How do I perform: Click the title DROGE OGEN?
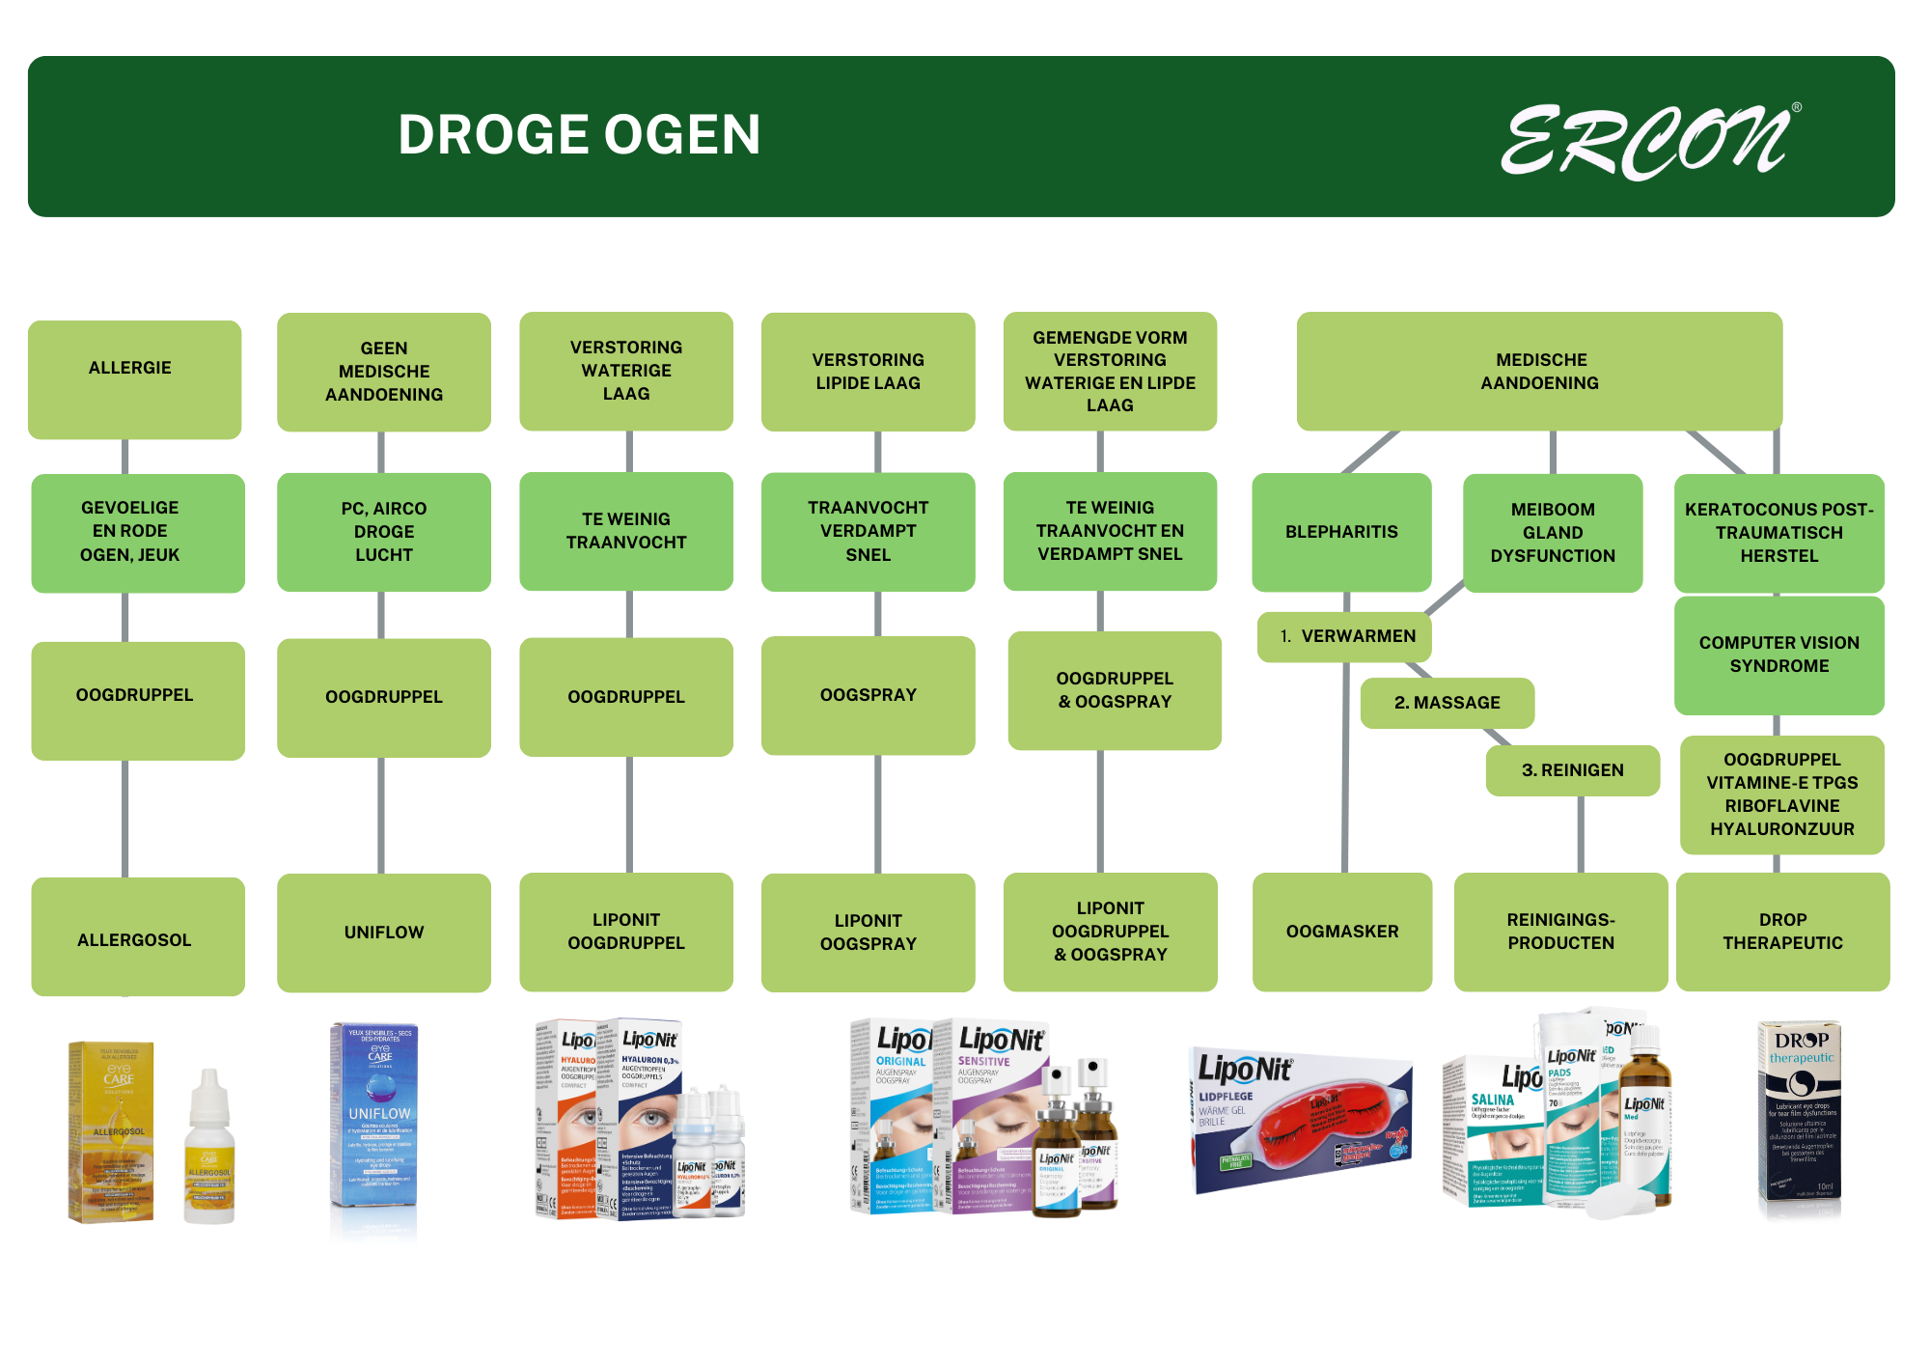pyautogui.click(x=579, y=135)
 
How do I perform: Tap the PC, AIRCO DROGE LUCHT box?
pyautogui.click(x=383, y=532)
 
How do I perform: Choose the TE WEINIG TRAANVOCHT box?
pyautogui.click(x=625, y=531)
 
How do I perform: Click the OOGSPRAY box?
pyautogui.click(x=868, y=695)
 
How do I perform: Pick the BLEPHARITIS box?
pyautogui.click(x=1340, y=532)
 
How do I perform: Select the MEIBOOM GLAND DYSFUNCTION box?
pyautogui.click(x=1552, y=533)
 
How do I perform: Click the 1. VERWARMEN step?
pyautogui.click(x=1344, y=637)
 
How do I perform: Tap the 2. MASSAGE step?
pyautogui.click(x=1447, y=703)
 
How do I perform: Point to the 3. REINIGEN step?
pyautogui.click(x=1572, y=770)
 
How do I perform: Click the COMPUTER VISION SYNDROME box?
pyautogui.click(x=1778, y=655)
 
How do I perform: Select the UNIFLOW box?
pyautogui.click(x=383, y=933)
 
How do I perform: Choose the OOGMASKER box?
pyautogui.click(x=1341, y=932)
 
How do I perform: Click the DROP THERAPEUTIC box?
pyautogui.click(x=1782, y=932)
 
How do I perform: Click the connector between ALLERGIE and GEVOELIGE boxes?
pyautogui.click(x=125, y=456)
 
